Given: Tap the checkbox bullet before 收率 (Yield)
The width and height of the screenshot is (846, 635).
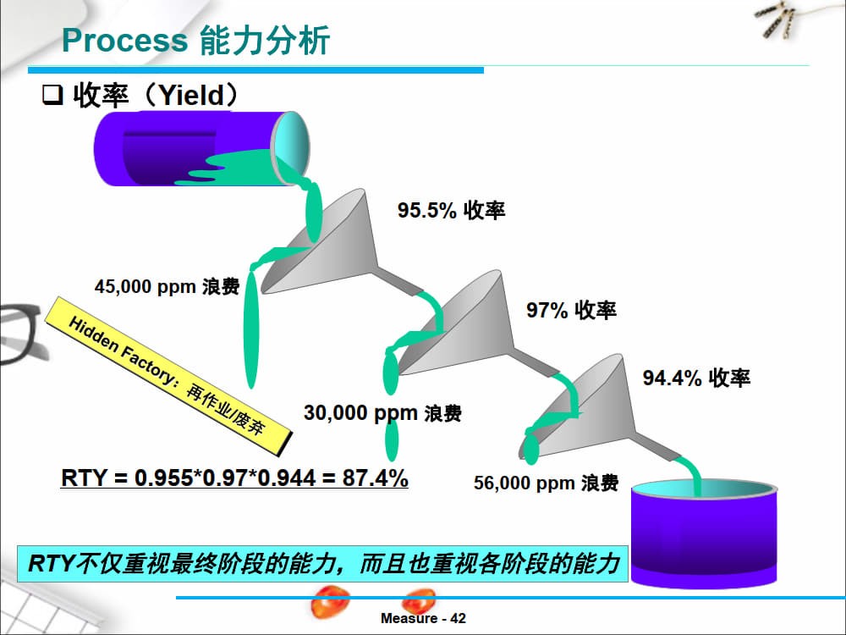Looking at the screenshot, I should click(x=52, y=97).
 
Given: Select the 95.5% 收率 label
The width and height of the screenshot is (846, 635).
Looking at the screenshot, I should click(x=452, y=211).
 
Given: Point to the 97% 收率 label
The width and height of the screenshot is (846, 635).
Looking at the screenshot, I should click(x=571, y=310).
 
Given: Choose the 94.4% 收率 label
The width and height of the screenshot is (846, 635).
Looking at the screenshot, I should click(x=696, y=378).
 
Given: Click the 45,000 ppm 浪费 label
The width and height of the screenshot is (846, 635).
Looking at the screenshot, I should click(x=167, y=287).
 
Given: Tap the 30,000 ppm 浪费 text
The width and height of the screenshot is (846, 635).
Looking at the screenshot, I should click(x=382, y=413).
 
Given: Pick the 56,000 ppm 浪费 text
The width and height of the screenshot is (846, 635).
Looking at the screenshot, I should click(x=546, y=483).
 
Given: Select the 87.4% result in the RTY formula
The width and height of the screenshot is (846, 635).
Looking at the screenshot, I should click(x=375, y=478).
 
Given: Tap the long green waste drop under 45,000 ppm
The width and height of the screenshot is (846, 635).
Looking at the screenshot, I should click(x=250, y=339).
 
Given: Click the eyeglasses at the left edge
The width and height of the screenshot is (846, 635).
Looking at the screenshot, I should click(x=17, y=334).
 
